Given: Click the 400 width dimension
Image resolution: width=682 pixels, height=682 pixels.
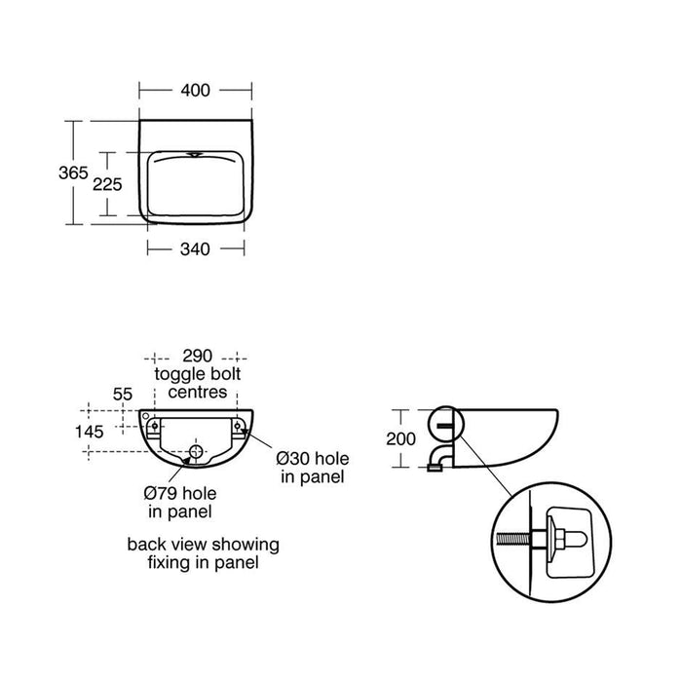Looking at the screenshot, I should pos(195,91).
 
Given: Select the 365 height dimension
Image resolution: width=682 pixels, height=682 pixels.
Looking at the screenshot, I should pos(72,172).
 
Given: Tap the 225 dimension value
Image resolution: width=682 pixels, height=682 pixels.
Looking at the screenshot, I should pos(109,184).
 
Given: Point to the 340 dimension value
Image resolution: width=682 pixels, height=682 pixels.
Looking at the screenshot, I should pos(195,249).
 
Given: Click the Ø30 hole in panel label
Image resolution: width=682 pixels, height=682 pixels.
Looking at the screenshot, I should pos(312,467).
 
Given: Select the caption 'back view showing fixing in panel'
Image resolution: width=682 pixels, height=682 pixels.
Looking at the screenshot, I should pos(203,552).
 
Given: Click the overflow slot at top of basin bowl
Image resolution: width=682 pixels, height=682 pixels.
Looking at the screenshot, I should pos(195,153).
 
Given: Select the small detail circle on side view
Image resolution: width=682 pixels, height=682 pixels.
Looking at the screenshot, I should pos(444,422).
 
